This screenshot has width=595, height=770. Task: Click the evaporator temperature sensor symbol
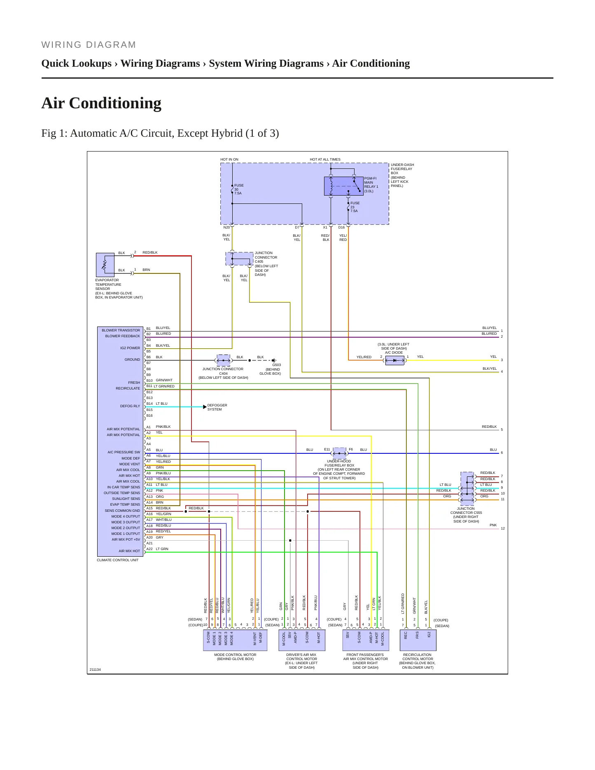pyautogui.click(x=105, y=265)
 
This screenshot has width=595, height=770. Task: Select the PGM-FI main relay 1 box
pyautogui.click(x=343, y=186)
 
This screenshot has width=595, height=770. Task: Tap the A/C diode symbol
pyautogui.click(x=394, y=360)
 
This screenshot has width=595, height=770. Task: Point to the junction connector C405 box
pyautogui.click(x=239, y=259)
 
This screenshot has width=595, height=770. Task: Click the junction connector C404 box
pyautogui.click(x=224, y=360)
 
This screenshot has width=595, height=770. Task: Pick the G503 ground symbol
pyautogui.click(x=273, y=360)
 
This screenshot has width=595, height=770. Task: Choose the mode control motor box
pyautogui.click(x=235, y=640)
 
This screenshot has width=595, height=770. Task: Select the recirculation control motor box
pyautogui.click(x=418, y=640)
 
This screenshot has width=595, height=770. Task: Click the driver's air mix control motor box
pyautogui.click(x=302, y=640)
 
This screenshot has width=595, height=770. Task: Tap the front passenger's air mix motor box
pyautogui.click(x=366, y=640)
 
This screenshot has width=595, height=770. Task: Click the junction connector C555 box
pyautogui.click(x=467, y=488)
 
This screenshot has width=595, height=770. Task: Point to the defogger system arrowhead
pyautogui.click(x=205, y=407)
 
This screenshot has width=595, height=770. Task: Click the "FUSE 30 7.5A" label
pyautogui.click(x=239, y=189)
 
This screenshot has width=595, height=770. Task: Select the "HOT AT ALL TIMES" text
pyautogui.click(x=325, y=159)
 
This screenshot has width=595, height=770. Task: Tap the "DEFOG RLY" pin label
pyautogui.click(x=130, y=406)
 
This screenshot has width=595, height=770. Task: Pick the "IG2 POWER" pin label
pyautogui.click(x=130, y=348)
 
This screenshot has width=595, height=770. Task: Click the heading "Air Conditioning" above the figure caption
pyautogui.click(x=101, y=103)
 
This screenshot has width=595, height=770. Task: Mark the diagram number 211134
pyautogui.click(x=95, y=670)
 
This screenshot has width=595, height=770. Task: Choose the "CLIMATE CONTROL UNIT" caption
pyautogui.click(x=118, y=560)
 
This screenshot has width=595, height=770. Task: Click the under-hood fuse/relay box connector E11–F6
pyautogui.click(x=339, y=453)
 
